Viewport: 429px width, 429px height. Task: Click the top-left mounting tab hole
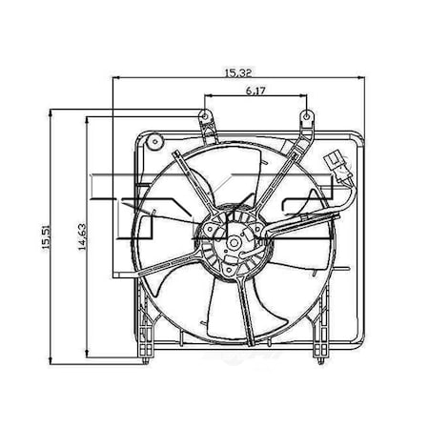click(x=202, y=118)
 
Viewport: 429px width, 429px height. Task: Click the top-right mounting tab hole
click(x=307, y=118)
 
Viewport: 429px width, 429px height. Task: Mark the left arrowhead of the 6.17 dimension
click(x=207, y=97)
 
